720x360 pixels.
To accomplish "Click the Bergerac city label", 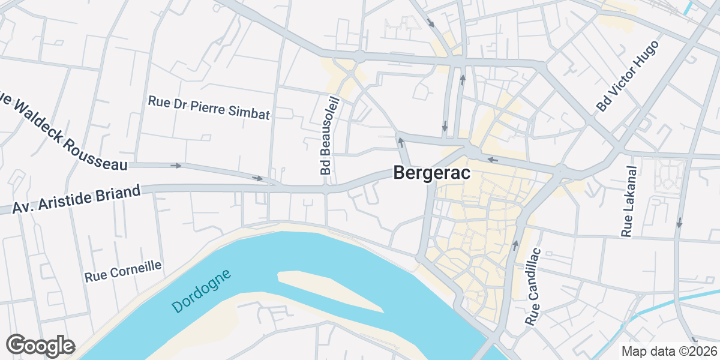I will (431, 173).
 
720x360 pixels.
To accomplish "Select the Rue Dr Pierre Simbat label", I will (209, 107).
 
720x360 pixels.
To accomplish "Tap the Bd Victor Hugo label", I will (628, 76).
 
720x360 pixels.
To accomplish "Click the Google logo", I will (40, 346).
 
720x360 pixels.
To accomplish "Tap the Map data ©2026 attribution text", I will (668, 351).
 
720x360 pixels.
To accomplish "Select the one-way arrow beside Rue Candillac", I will (515, 245).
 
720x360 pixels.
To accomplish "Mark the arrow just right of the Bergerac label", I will (492, 160).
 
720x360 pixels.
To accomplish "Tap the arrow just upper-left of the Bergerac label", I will (400, 142).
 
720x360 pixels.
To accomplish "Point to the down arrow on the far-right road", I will (679, 223).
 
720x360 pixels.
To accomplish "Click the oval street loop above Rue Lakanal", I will (668, 172).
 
